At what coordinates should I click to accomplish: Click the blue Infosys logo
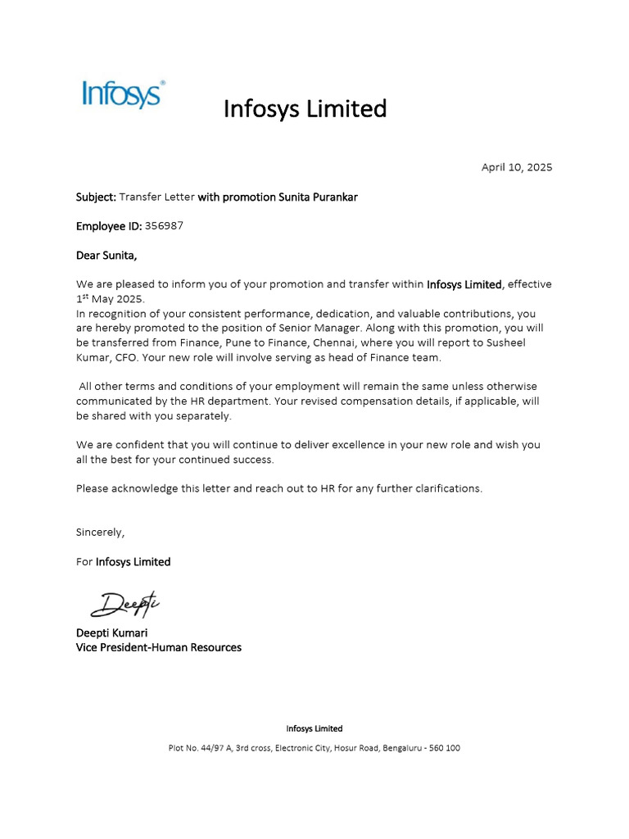point(124,94)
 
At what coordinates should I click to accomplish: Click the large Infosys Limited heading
point(305,108)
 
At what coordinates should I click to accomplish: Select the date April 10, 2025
point(516,167)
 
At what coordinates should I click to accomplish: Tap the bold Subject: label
point(96,197)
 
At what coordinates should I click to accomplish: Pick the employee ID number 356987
point(164,225)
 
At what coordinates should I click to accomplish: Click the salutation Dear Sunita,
point(106,255)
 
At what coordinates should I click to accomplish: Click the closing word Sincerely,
point(100,532)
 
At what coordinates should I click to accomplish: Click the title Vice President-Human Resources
point(159,647)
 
